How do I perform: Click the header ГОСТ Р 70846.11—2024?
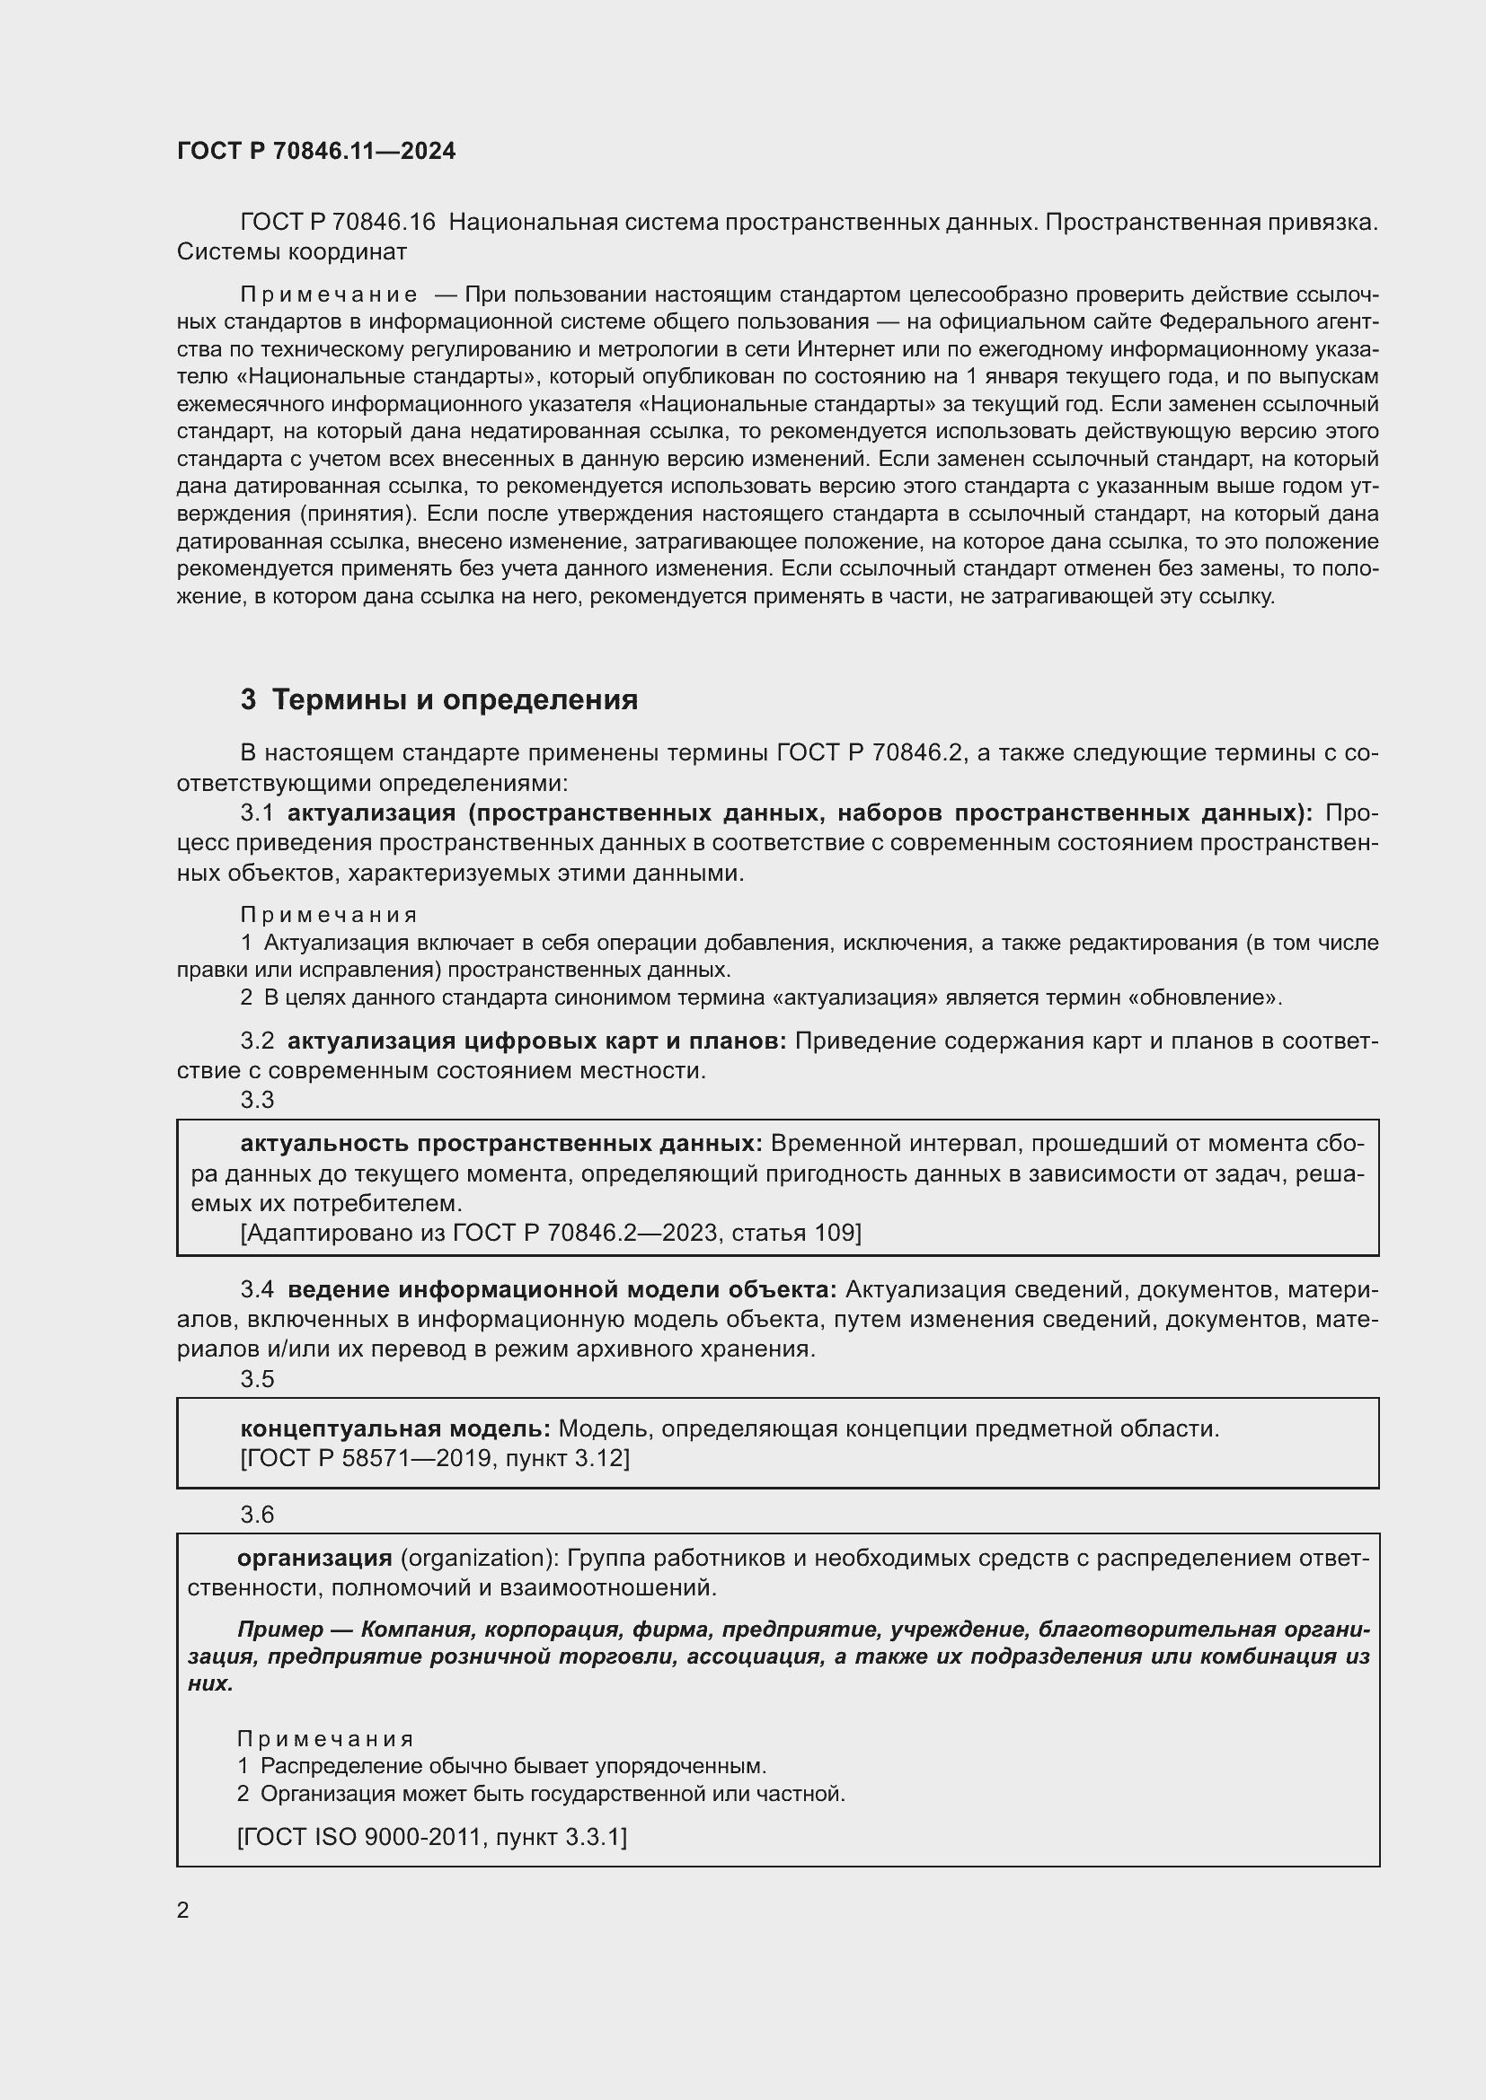(x=315, y=151)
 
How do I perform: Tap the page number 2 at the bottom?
(x=183, y=1910)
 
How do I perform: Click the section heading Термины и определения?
(x=455, y=699)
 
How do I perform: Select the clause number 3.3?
(x=257, y=1101)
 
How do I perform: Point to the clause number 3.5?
(x=257, y=1378)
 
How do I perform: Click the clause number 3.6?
(x=257, y=1515)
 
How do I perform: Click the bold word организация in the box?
(x=314, y=1558)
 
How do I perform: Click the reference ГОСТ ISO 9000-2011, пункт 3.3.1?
(x=432, y=1837)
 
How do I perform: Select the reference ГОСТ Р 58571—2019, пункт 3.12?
(x=435, y=1458)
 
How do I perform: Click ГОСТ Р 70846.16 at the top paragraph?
(x=338, y=223)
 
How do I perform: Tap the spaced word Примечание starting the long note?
(x=329, y=294)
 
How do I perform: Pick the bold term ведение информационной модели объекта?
(x=562, y=1289)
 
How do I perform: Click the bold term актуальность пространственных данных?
(x=501, y=1143)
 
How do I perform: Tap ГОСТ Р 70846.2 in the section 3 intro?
(x=870, y=752)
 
